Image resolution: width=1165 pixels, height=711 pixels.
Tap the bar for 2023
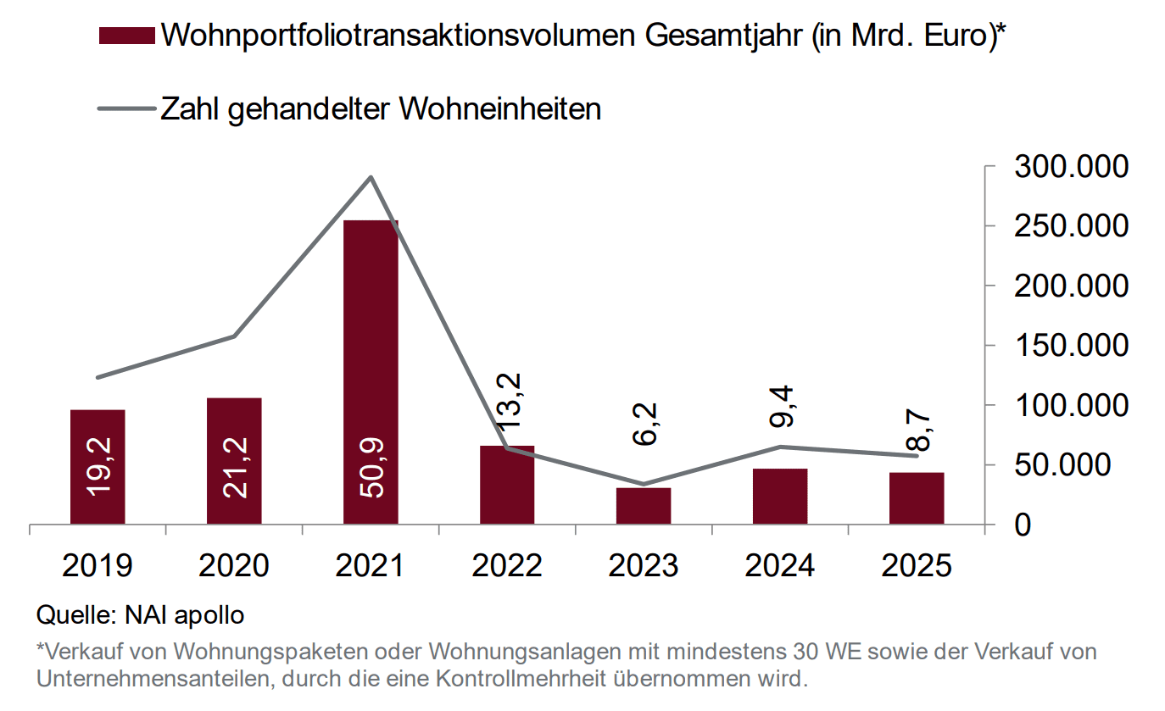644,506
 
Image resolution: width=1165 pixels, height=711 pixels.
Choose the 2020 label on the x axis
234,565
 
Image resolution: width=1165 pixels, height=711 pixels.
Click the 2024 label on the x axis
780,565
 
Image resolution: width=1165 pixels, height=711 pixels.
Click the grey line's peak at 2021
371,177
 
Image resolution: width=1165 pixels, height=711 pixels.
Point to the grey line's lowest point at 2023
644,485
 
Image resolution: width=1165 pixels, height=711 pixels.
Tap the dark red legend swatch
126,36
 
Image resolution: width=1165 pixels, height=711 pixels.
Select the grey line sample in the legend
126,109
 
